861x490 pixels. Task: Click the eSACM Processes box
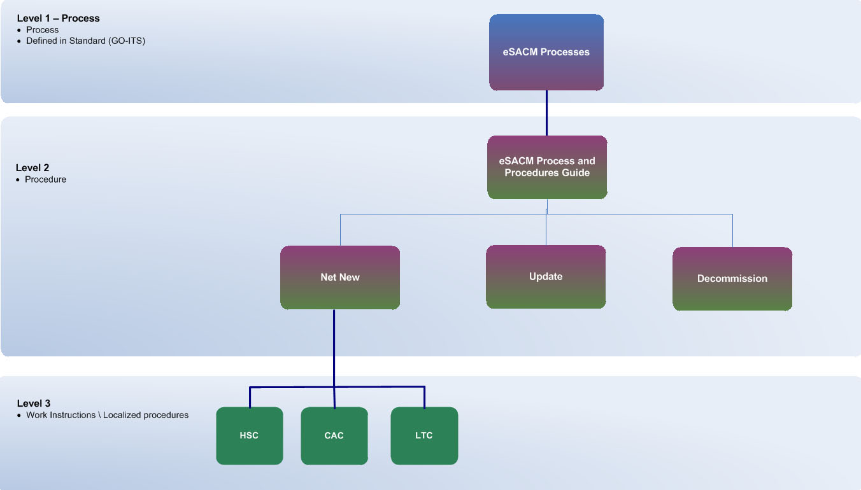point(546,52)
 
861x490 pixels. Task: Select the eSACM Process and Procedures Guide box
point(547,167)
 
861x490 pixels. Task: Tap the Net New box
point(340,277)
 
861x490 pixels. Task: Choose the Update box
point(546,277)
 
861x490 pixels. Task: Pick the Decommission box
point(732,279)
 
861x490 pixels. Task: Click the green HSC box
point(250,436)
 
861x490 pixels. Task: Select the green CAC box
point(334,436)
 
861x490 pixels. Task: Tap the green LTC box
point(424,436)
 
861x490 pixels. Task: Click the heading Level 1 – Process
point(59,18)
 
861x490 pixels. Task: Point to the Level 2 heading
point(32,168)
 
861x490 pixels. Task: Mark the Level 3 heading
point(34,403)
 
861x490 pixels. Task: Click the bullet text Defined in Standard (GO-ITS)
point(86,41)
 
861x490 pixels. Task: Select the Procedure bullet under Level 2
point(46,179)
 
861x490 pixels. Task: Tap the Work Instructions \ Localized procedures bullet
point(107,415)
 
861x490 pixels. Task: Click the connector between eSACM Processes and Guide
point(546,113)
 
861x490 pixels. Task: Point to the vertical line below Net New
point(334,347)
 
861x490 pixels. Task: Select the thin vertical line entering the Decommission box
point(732,230)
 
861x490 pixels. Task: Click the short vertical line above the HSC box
point(250,397)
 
